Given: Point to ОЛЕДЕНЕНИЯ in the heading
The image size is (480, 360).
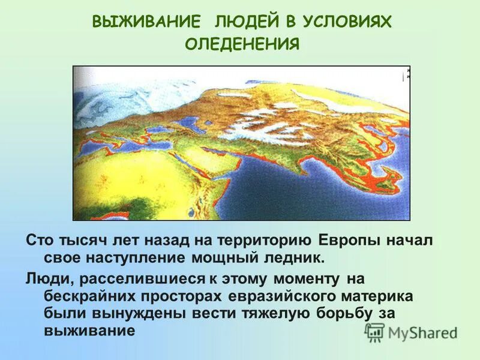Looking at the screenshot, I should click(242, 45).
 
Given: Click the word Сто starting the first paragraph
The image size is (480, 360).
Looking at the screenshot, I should click(40, 241).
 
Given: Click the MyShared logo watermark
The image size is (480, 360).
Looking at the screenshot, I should click(412, 332).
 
